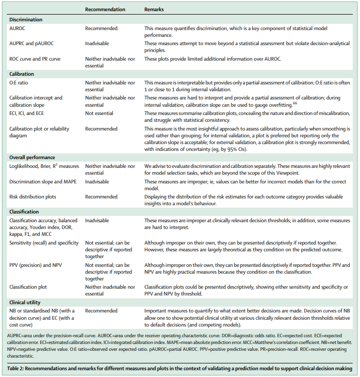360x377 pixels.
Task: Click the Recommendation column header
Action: [x=105, y=9]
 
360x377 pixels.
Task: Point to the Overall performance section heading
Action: [x=33, y=158]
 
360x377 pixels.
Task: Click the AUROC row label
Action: [x=18, y=28]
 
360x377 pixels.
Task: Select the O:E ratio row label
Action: [x=20, y=82]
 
